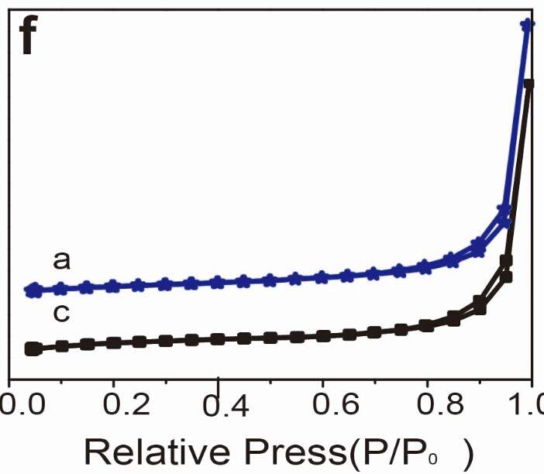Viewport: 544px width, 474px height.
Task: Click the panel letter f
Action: click(28, 39)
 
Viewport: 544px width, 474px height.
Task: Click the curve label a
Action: click(62, 260)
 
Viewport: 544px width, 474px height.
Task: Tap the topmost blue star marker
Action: click(527, 26)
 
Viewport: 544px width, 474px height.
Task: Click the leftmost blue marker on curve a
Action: click(32, 290)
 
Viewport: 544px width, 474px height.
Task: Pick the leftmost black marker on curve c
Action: click(32, 349)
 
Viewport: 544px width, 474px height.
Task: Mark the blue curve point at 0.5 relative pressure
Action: click(270, 280)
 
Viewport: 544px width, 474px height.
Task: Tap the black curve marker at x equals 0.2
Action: click(113, 342)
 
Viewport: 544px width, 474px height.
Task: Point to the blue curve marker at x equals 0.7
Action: click(374, 273)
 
